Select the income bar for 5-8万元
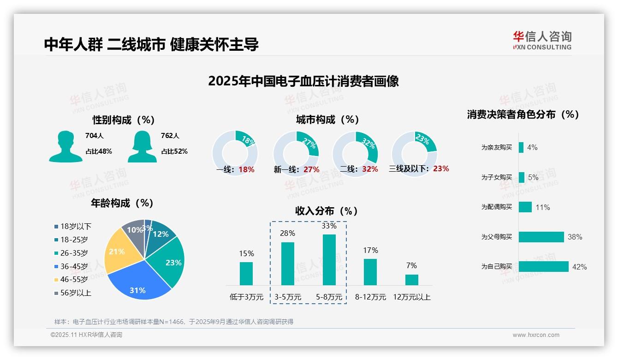(329, 260)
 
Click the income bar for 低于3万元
(246, 274)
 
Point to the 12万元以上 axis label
(411, 297)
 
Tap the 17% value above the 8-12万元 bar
(370, 250)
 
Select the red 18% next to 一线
(246, 169)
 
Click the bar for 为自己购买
(543, 267)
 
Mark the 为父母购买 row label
(496, 237)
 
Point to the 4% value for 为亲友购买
(532, 147)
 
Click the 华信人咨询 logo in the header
(542, 40)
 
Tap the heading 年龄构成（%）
(122, 203)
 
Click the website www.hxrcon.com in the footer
(536, 335)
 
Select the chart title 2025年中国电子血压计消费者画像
(303, 81)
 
